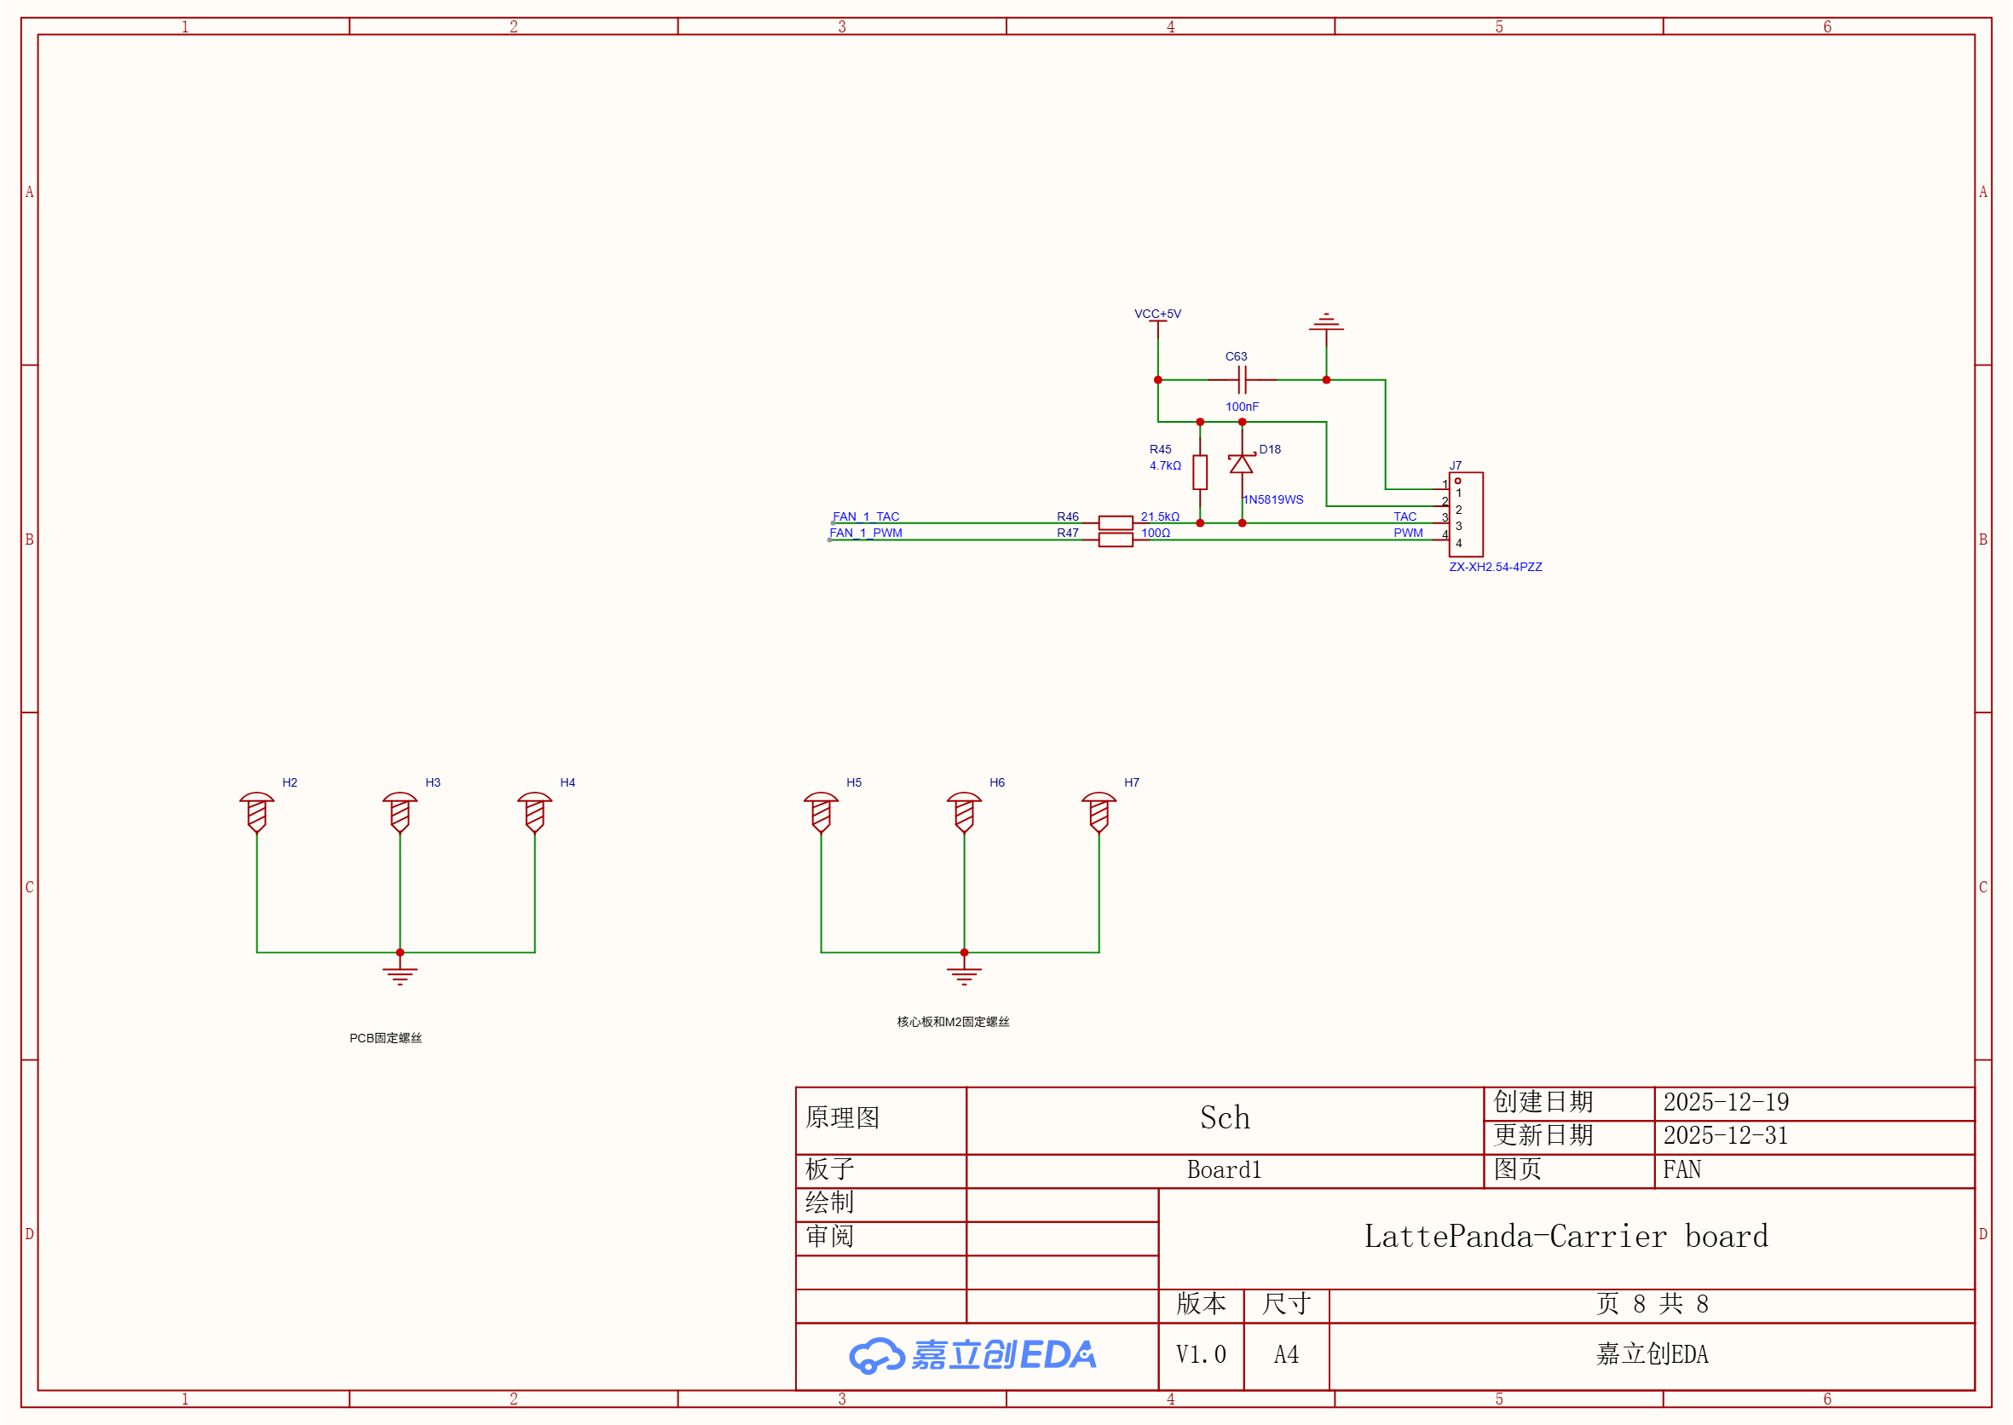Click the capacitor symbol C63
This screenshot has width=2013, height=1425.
tap(1242, 380)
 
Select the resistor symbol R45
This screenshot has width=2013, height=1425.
tap(1200, 472)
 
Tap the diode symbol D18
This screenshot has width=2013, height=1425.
tap(1241, 464)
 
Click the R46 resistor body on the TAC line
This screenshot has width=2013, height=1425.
tap(1116, 523)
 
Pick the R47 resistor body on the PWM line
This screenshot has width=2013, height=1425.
tap(1116, 539)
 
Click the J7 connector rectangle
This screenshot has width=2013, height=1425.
tap(1466, 514)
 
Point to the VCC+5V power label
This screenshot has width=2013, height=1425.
tap(1157, 314)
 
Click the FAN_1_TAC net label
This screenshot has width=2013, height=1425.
tap(865, 516)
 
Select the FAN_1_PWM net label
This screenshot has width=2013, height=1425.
tap(865, 533)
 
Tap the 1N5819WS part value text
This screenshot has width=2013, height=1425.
tap(1272, 499)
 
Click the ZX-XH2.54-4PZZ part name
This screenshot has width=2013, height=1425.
tap(1496, 567)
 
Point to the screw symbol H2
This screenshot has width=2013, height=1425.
tap(257, 812)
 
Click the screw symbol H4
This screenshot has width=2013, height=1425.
tap(534, 812)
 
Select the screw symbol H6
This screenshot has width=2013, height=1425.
tap(964, 812)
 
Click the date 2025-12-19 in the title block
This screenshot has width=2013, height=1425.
tap(1725, 1102)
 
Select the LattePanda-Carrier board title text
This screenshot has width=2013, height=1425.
tap(1566, 1237)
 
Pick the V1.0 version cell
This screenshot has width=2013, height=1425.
tap(1201, 1355)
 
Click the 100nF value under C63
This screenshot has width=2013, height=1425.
tap(1242, 407)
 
